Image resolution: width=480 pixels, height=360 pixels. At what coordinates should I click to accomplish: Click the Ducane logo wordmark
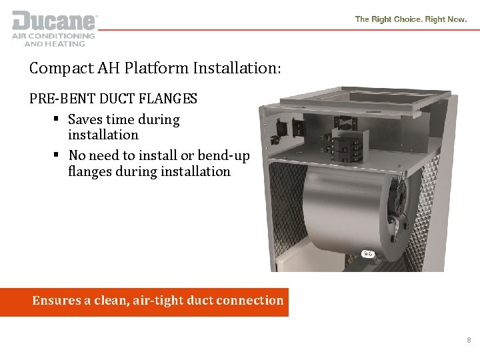click(53, 20)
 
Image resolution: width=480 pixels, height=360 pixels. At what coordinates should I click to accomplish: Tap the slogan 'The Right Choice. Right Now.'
click(411, 20)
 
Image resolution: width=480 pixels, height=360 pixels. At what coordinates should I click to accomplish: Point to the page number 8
click(469, 340)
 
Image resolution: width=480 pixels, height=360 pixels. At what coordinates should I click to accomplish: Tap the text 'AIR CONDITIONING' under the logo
click(54, 37)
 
